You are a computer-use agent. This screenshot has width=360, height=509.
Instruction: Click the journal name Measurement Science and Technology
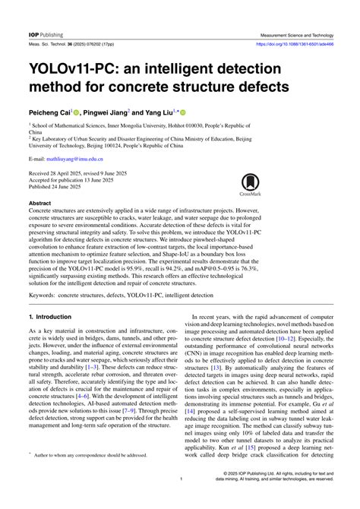tap(296, 35)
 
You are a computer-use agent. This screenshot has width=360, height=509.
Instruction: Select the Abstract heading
tap(39, 204)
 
